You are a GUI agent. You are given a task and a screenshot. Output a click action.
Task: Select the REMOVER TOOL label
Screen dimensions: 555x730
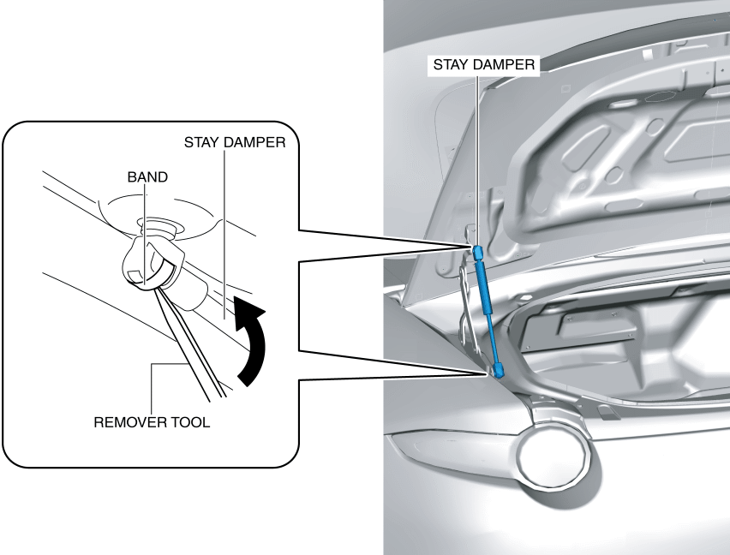click(152, 423)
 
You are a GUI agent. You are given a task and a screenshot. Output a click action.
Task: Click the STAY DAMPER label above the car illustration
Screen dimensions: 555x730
click(485, 65)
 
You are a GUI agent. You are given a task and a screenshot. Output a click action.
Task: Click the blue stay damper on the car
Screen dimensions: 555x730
click(488, 308)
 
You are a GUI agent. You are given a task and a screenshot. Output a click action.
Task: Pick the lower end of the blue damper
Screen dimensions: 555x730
click(496, 370)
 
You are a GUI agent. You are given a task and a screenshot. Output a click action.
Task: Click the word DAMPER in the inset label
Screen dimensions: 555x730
click(260, 143)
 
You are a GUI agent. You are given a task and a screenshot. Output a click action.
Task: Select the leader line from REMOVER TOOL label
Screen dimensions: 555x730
click(152, 390)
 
